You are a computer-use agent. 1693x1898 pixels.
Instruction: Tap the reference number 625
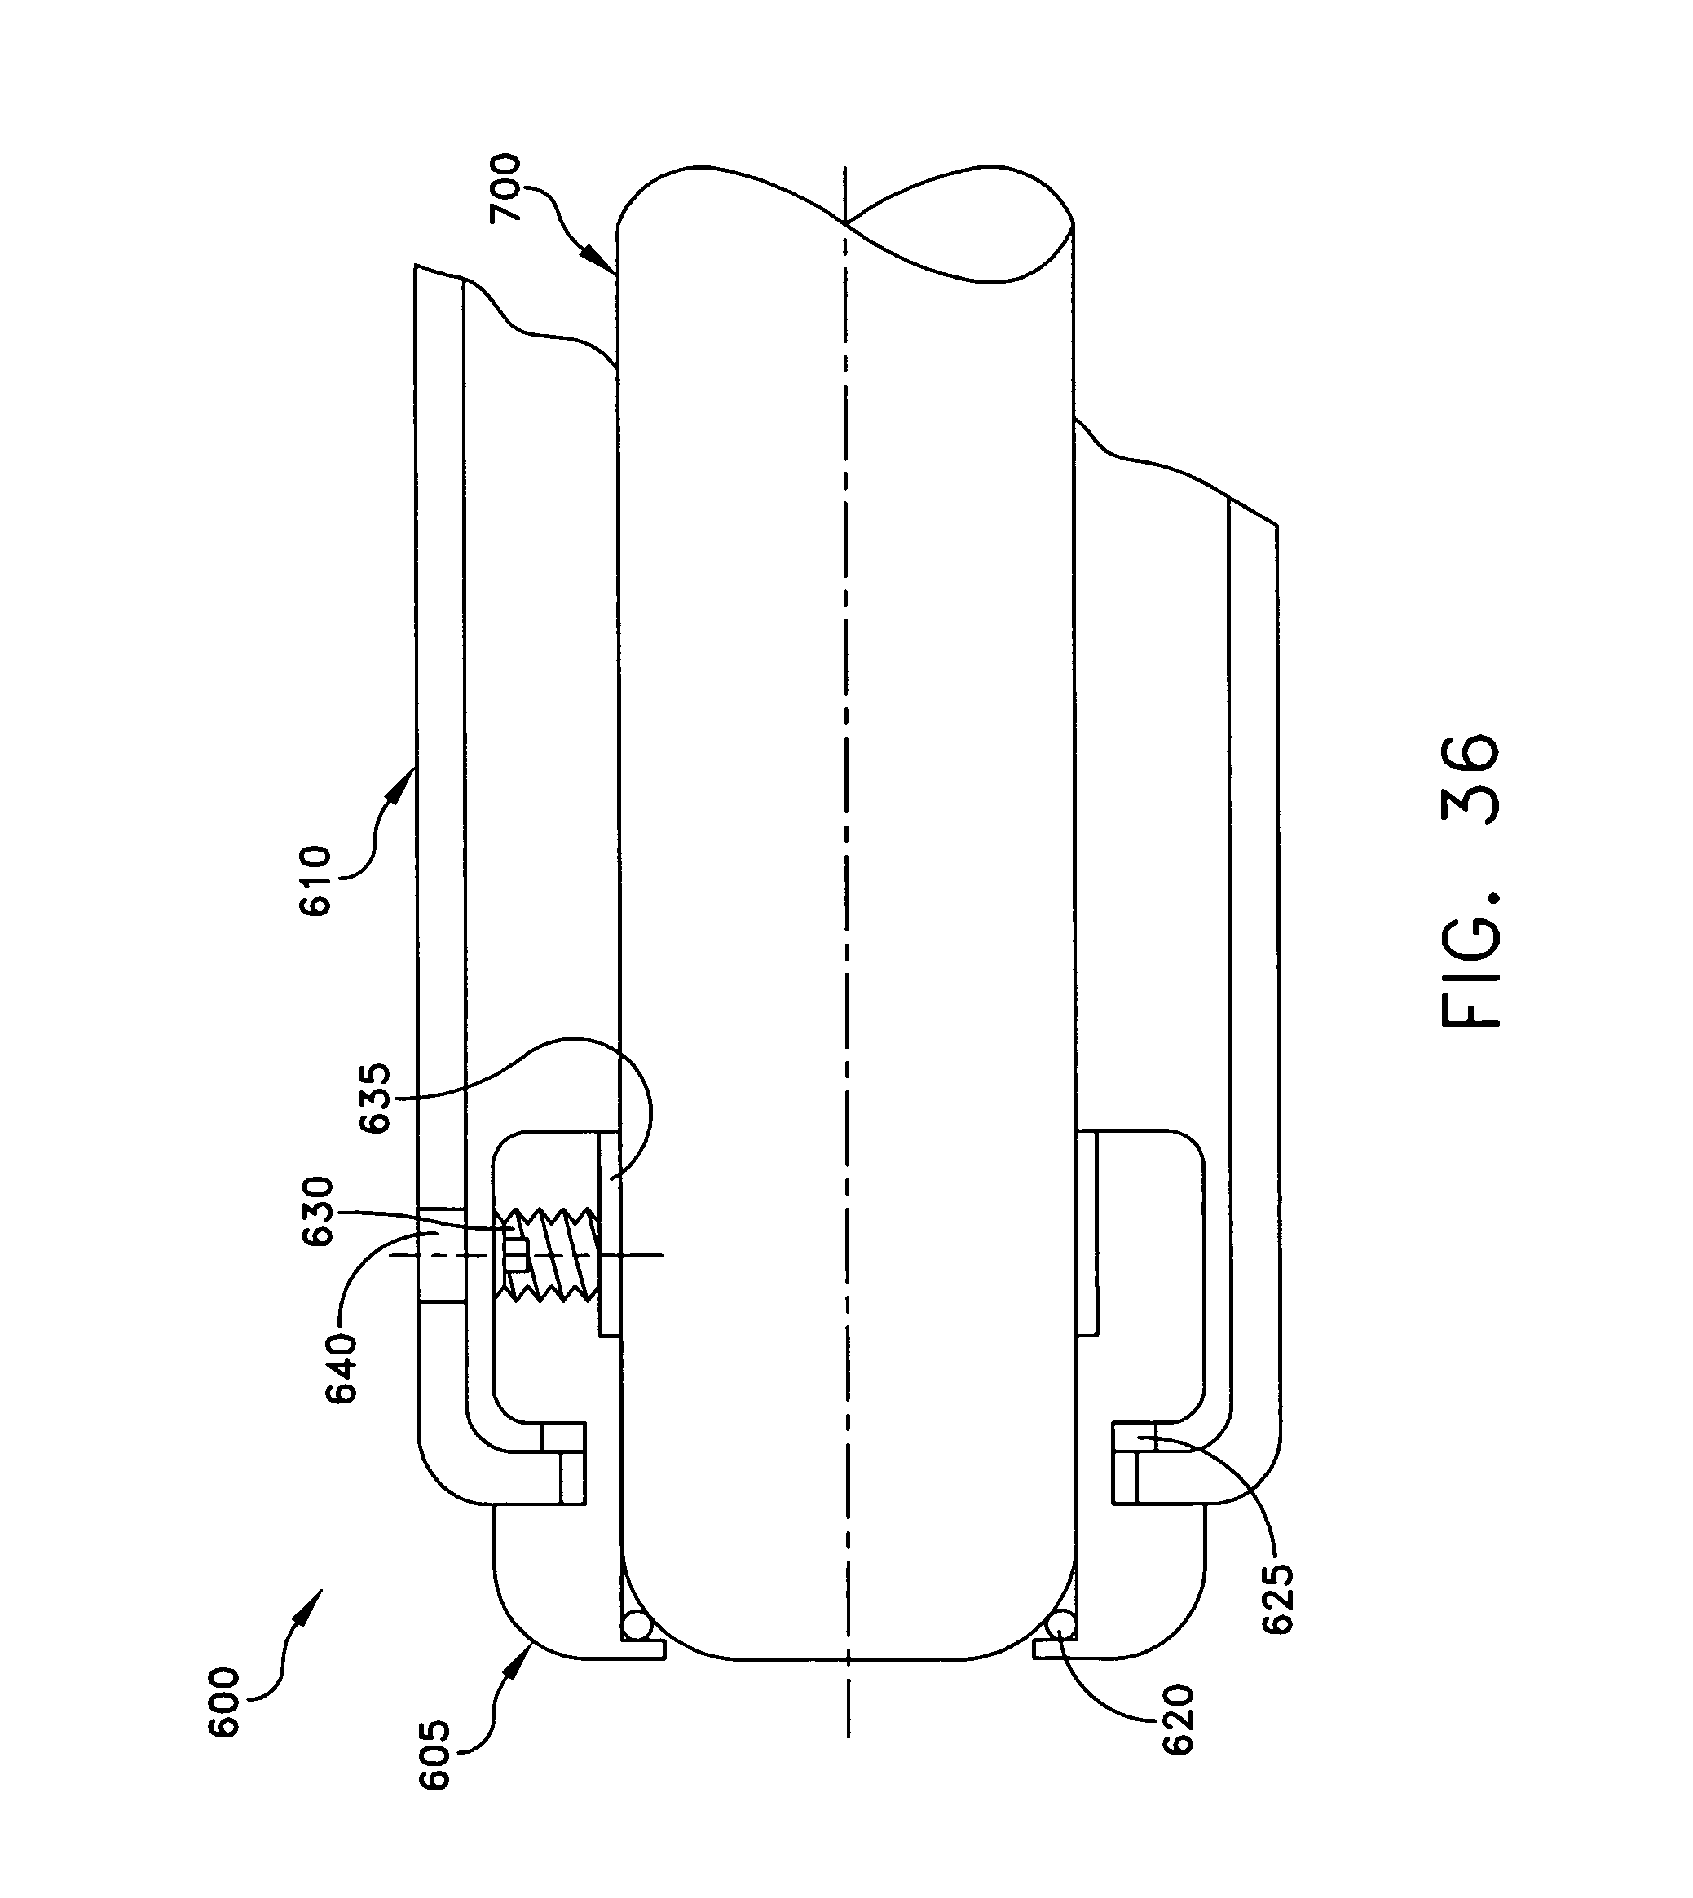[x=1277, y=1599]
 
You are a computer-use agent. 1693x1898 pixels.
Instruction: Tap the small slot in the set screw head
[x=515, y=1253]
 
